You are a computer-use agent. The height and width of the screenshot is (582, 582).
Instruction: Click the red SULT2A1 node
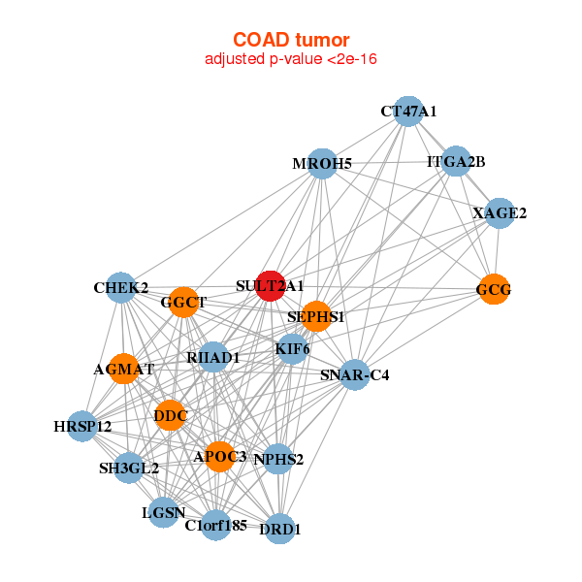coord(271,286)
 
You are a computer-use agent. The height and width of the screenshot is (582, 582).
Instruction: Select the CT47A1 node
coord(408,112)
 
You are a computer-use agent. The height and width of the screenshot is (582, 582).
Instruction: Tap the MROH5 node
coord(322,164)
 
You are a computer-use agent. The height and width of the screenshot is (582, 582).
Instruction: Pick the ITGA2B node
coord(456,161)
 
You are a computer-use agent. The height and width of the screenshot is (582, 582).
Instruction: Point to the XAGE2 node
coord(499,213)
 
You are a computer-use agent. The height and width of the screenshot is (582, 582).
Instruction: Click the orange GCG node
coord(494,289)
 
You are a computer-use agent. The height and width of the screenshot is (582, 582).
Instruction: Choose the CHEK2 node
coord(121,288)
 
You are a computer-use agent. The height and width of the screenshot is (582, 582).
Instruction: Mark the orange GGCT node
coord(183,303)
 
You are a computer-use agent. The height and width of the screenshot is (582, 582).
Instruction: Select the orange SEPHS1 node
coord(316,316)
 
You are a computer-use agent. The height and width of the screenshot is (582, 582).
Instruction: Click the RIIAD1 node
coord(213,357)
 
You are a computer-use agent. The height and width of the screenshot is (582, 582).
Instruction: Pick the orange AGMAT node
coord(124,370)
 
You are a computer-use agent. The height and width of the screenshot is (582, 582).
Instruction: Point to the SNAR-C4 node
coord(355,374)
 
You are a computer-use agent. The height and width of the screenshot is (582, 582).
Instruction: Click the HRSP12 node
coord(82,426)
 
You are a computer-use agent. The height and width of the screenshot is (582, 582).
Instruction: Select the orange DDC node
coord(170,415)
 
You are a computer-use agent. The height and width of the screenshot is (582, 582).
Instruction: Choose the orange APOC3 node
coord(219,456)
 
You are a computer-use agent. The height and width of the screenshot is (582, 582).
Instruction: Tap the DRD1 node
coord(280,529)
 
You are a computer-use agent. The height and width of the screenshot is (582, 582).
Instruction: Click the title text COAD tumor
coord(290,40)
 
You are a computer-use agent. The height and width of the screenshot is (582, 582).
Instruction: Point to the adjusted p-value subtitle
coord(290,59)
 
